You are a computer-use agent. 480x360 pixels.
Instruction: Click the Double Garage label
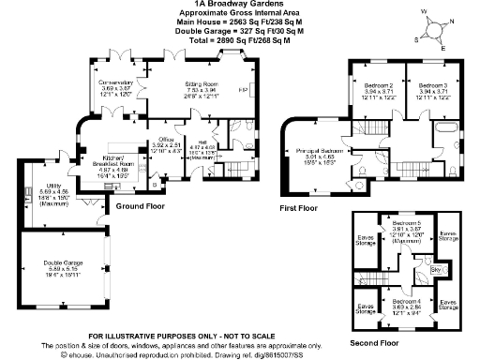pyautogui.click(x=64, y=267)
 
